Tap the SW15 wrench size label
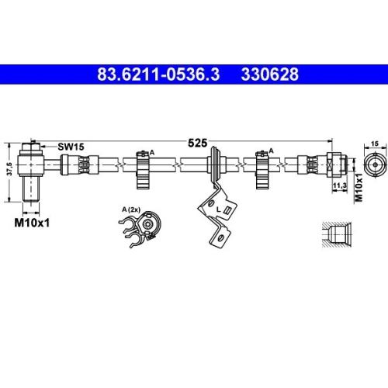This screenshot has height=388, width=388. point(71,146)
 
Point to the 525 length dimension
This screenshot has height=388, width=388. point(198,143)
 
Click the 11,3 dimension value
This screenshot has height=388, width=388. point(338,186)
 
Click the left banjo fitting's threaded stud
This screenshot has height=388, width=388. point(31,190)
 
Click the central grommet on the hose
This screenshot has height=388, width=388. point(213,164)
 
